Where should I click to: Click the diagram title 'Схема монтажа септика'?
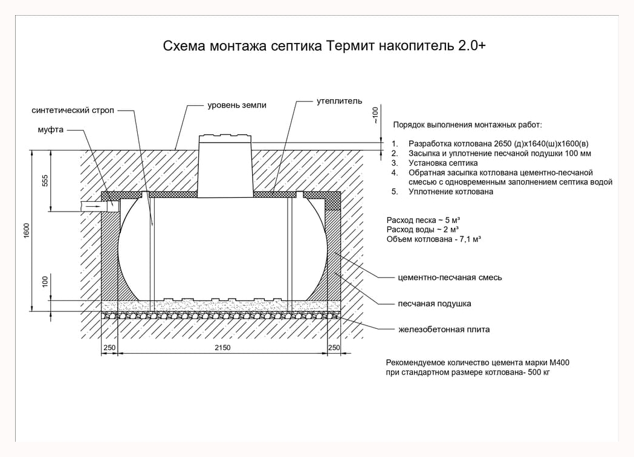(242, 46)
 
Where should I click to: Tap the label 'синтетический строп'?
(73, 110)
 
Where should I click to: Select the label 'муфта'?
(51, 130)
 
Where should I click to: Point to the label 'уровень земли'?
(237, 105)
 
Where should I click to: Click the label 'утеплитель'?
(339, 101)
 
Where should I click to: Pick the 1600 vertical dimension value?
(27, 230)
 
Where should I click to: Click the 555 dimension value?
(45, 180)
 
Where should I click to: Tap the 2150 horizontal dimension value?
(222, 348)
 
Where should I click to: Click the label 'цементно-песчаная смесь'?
(450, 277)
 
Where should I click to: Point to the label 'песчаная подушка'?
(435, 303)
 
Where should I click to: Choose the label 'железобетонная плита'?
(444, 329)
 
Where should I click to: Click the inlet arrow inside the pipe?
(93, 206)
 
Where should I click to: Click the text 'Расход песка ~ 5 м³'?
(423, 220)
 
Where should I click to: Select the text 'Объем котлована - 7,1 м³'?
(433, 239)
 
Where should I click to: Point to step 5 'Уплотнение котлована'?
(450, 192)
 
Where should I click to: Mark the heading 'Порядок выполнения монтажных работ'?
(467, 125)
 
